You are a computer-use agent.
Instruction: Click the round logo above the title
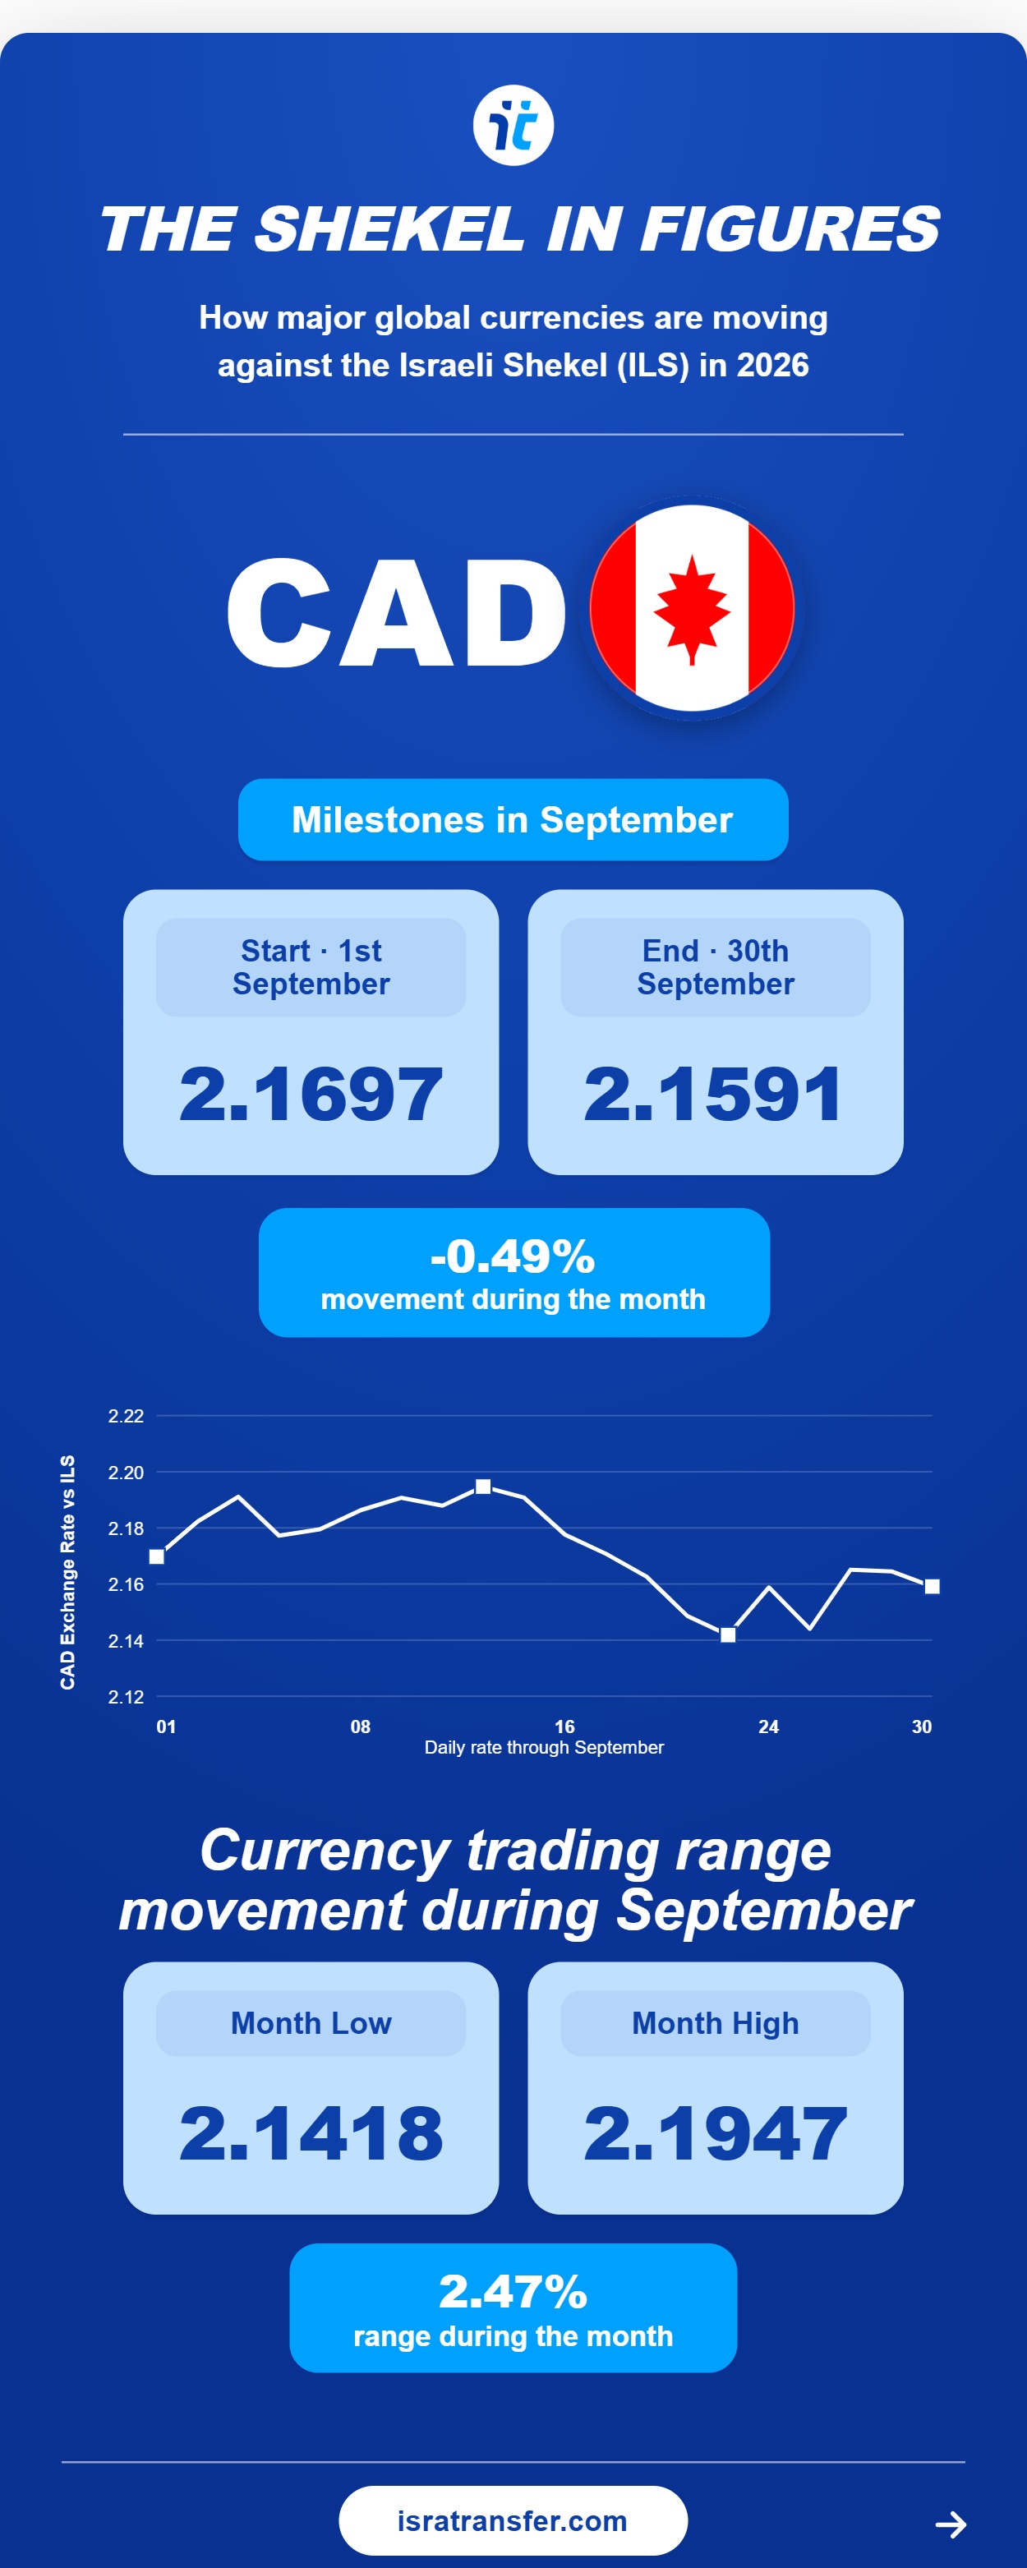tap(513, 126)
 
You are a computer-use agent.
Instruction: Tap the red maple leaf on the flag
tap(692, 609)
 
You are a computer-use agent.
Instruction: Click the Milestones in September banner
tap(513, 819)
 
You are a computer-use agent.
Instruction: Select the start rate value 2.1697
tap(311, 1094)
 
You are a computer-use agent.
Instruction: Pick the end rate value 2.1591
tap(714, 1094)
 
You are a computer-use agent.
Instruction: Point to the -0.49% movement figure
tap(513, 1256)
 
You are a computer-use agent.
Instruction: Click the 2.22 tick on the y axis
tap(126, 1416)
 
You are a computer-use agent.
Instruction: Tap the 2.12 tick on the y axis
tap(126, 1697)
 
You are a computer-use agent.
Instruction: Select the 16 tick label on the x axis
tap(564, 1727)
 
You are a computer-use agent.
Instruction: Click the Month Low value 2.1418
tap(311, 2133)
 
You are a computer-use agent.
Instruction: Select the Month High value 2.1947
tap(715, 2133)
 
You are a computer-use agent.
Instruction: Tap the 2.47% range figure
tap(513, 2292)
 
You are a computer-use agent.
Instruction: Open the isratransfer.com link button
tap(513, 2520)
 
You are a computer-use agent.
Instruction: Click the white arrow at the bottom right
tap(951, 2524)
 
